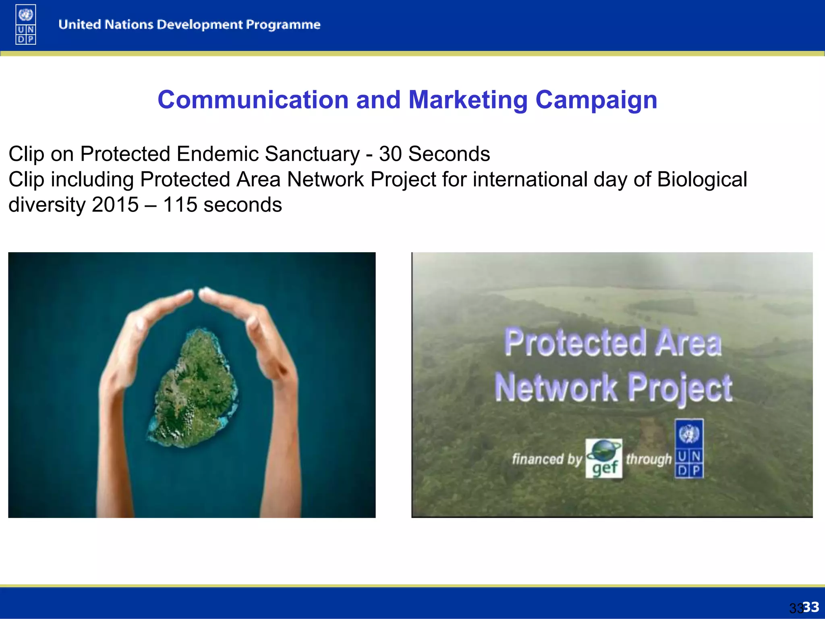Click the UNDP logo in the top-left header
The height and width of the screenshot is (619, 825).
26,25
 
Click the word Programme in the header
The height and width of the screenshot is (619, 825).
283,25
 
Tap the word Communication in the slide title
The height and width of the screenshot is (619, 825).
253,100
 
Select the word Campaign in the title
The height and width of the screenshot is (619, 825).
596,100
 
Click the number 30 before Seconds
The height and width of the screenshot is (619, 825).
390,154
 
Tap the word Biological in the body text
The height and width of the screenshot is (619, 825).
702,179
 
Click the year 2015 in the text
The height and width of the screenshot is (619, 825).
115,205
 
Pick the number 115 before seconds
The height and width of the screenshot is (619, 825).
180,205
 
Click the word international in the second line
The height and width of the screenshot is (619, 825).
530,179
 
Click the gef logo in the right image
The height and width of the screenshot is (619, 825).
603,459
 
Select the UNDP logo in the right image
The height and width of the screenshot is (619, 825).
689,449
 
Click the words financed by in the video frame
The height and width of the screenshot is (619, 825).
547,459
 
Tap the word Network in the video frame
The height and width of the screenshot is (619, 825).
556,388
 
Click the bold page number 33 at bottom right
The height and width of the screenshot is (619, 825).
810,607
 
